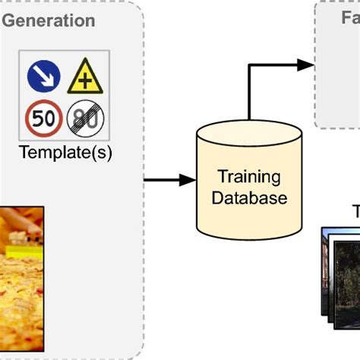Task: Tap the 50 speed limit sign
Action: point(45,118)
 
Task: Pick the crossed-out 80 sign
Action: point(85,118)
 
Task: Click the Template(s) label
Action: point(65,153)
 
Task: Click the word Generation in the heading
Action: point(49,21)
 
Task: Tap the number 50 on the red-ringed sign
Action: point(45,119)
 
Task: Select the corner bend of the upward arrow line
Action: point(250,66)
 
